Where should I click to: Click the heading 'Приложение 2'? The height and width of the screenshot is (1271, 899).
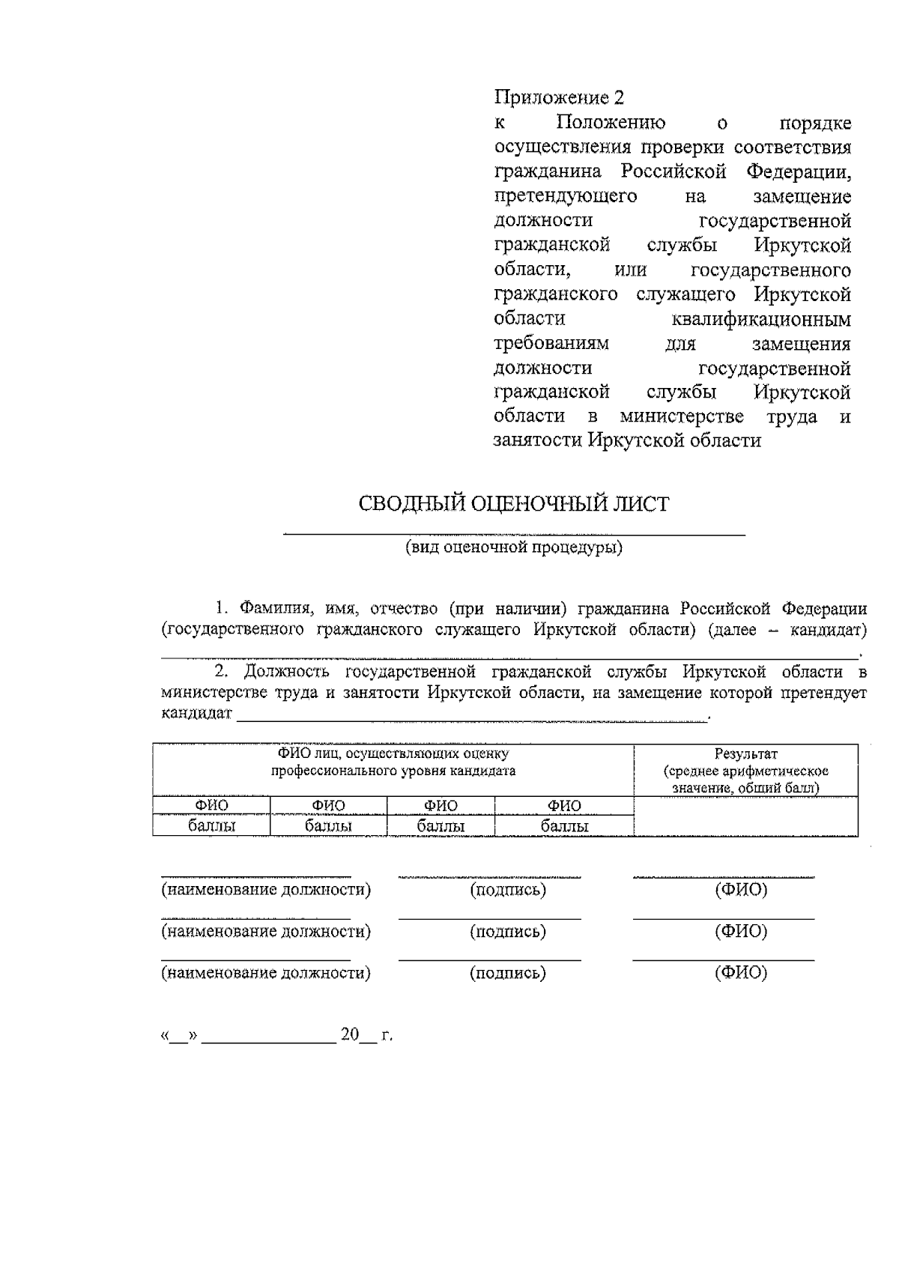558,97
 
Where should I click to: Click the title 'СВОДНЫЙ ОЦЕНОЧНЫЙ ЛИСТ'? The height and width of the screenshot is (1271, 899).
514,504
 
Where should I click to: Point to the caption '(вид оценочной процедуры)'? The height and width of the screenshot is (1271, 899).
514,547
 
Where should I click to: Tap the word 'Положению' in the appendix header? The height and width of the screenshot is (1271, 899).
611,122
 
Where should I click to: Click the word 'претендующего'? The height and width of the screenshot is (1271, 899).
566,196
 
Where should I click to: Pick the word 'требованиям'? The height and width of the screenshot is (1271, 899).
551,344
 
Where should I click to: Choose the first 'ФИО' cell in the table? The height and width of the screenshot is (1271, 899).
212,806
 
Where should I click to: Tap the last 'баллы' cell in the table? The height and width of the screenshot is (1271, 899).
564,826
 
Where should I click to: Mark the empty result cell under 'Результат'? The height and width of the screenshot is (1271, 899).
745,816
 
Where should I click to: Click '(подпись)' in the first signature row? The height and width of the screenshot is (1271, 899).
508,891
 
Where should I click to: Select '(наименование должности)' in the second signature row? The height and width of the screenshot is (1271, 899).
267,932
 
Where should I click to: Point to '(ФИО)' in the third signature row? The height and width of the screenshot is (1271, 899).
742,973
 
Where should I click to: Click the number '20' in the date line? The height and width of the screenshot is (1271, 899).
350,1036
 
